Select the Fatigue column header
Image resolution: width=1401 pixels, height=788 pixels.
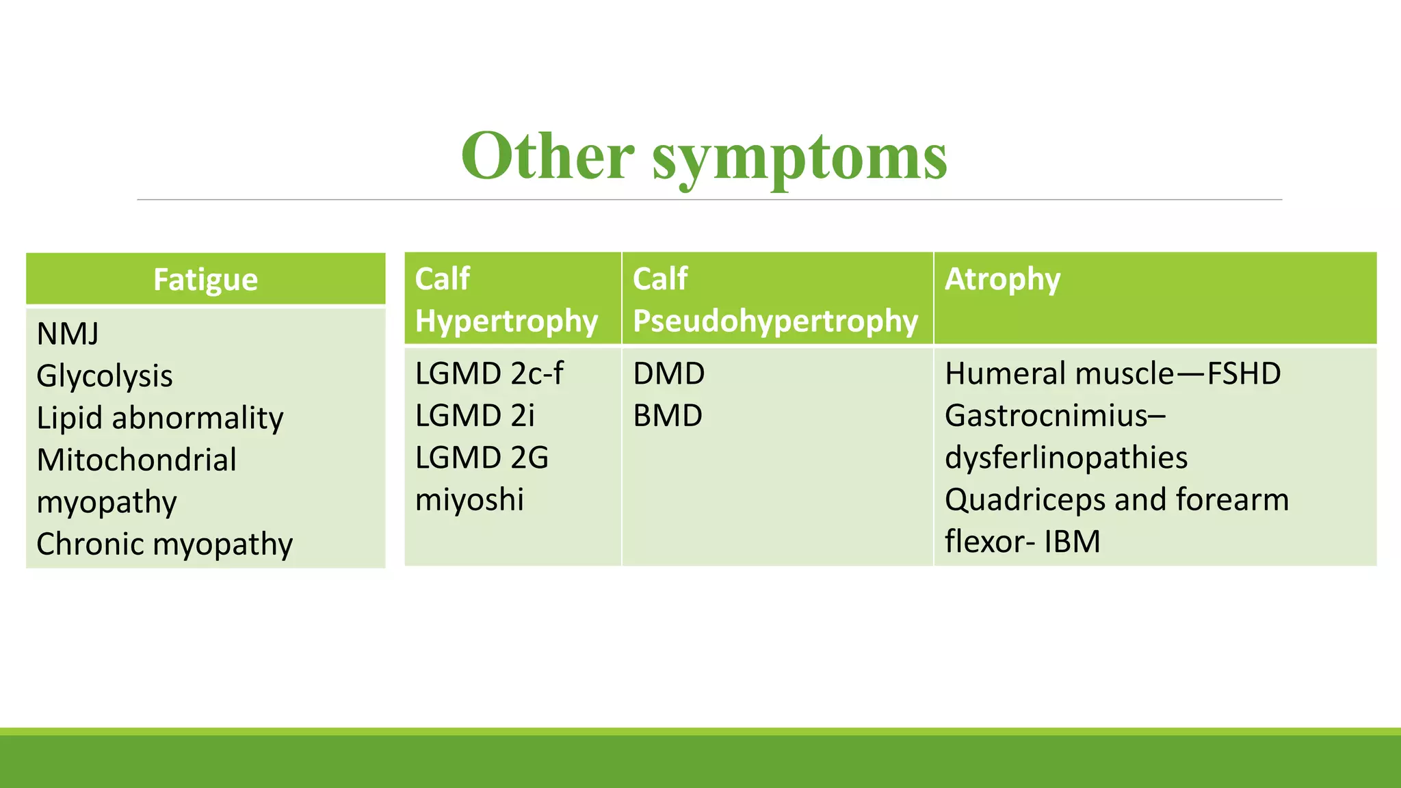(205, 280)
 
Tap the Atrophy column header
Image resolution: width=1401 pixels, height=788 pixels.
(1002, 279)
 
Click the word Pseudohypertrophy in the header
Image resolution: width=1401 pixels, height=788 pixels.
(775, 321)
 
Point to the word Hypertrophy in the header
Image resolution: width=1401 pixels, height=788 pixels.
(506, 321)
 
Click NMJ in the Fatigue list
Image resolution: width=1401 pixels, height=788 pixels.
(68, 334)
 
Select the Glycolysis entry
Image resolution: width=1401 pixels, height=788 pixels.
(105, 376)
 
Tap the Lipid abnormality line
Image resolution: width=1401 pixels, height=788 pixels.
(160, 418)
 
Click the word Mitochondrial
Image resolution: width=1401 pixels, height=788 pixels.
(137, 460)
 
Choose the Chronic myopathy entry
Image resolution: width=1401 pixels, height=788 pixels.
(164, 544)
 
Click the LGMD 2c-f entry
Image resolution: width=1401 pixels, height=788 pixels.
(489, 373)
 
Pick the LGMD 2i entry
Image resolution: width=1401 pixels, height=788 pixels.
(475, 416)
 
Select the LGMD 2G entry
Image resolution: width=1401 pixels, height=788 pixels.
(482, 458)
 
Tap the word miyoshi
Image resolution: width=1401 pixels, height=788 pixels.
(469, 499)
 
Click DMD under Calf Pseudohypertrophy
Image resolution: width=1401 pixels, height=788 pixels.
(668, 373)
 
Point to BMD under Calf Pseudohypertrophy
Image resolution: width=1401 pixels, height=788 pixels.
(668, 416)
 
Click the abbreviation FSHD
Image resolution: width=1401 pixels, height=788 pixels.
(1244, 373)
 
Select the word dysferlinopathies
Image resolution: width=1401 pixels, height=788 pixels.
(1066, 458)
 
